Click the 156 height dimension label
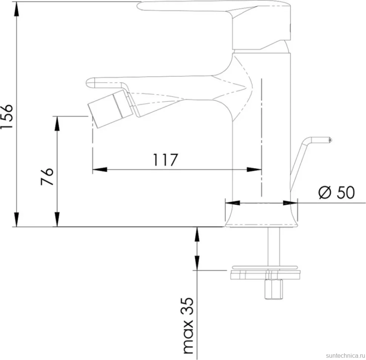pyautogui.click(x=6, y=116)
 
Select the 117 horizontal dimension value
pyautogui.click(x=165, y=160)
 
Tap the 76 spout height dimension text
pyautogui.click(x=47, y=176)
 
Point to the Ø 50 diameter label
pyautogui.click(x=337, y=192)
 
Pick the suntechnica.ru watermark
pyautogui.click(x=345, y=355)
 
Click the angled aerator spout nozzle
pyautogui.click(x=111, y=109)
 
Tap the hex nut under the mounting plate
pyautogui.click(x=274, y=289)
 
